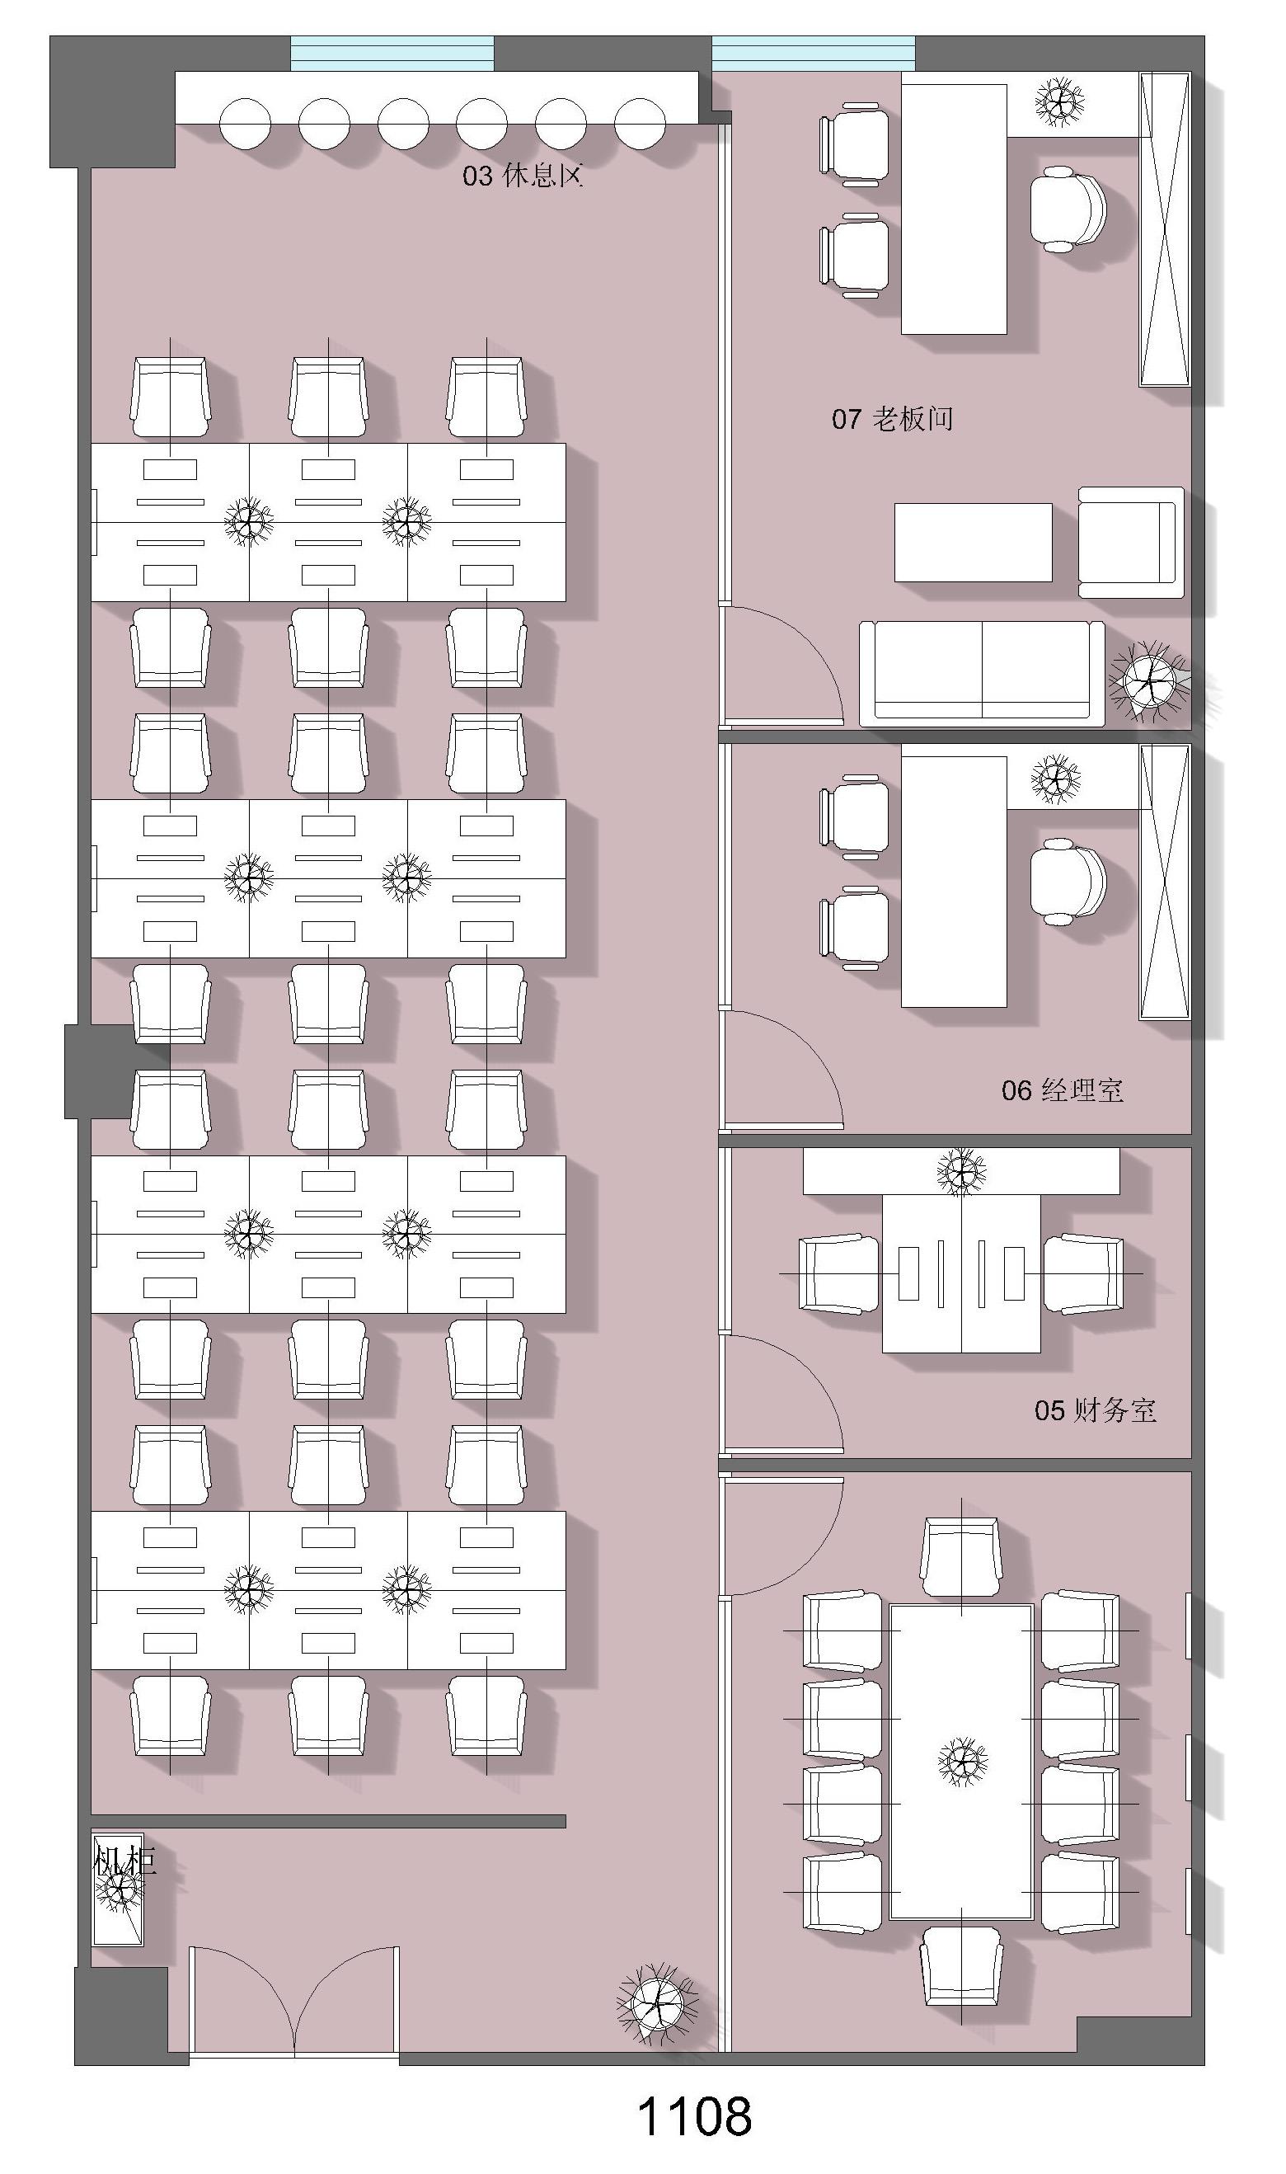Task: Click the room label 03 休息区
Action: pos(523,176)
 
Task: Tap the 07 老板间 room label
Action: pos(893,420)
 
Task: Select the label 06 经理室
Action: pos(1063,1090)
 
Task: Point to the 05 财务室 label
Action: pos(1096,1411)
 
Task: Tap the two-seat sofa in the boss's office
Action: pos(982,673)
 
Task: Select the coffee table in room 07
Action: pos(974,543)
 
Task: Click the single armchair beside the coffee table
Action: pos(1131,543)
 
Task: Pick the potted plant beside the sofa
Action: pos(1150,681)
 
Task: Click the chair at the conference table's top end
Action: pos(961,1557)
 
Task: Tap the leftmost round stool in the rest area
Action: pos(245,124)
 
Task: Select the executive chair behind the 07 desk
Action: pos(1068,209)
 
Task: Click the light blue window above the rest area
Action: pos(392,53)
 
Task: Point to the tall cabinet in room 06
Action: pos(1165,882)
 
